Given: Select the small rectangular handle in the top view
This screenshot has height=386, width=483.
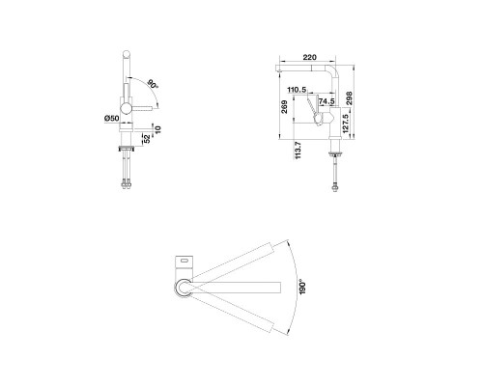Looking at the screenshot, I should click(185, 260).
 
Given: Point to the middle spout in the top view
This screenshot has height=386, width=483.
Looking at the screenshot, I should click(237, 286).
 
